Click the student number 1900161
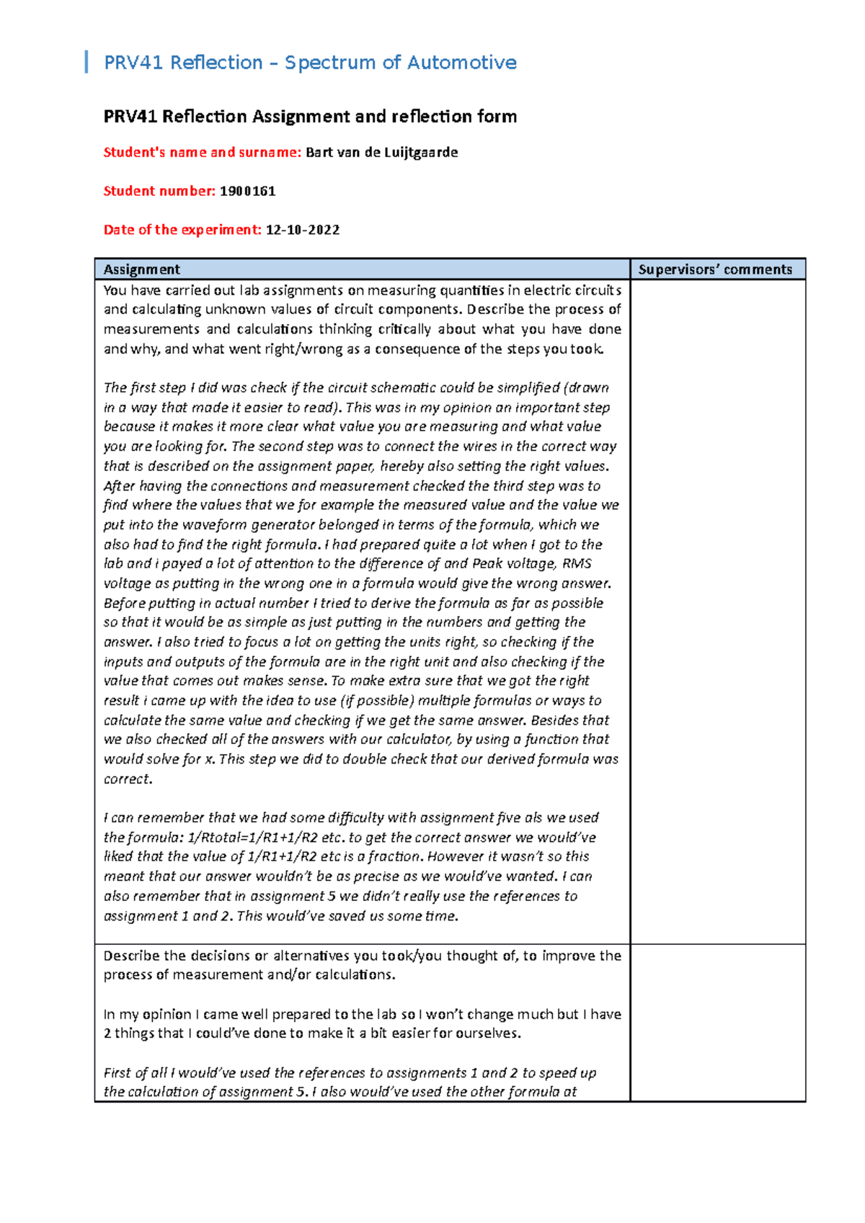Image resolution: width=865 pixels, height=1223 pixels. (x=247, y=192)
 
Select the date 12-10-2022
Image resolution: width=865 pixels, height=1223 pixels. (x=303, y=230)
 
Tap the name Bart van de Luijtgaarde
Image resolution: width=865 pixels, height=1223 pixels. (x=381, y=153)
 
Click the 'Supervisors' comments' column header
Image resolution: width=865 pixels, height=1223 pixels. (x=715, y=269)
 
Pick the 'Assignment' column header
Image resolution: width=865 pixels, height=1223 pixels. (x=142, y=269)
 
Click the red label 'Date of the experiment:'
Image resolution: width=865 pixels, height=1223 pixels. (x=182, y=230)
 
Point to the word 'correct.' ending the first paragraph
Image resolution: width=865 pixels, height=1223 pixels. (x=128, y=779)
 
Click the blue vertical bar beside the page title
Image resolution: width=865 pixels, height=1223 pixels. (x=86, y=62)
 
